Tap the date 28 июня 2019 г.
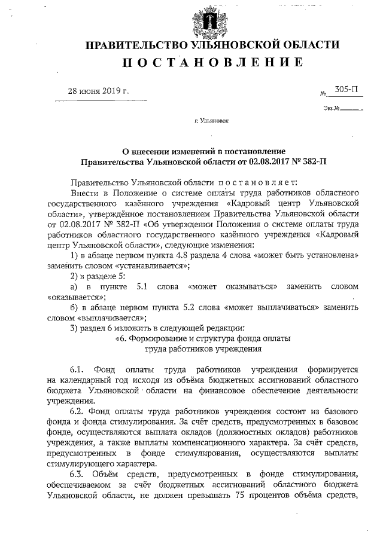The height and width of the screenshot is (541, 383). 98,91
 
